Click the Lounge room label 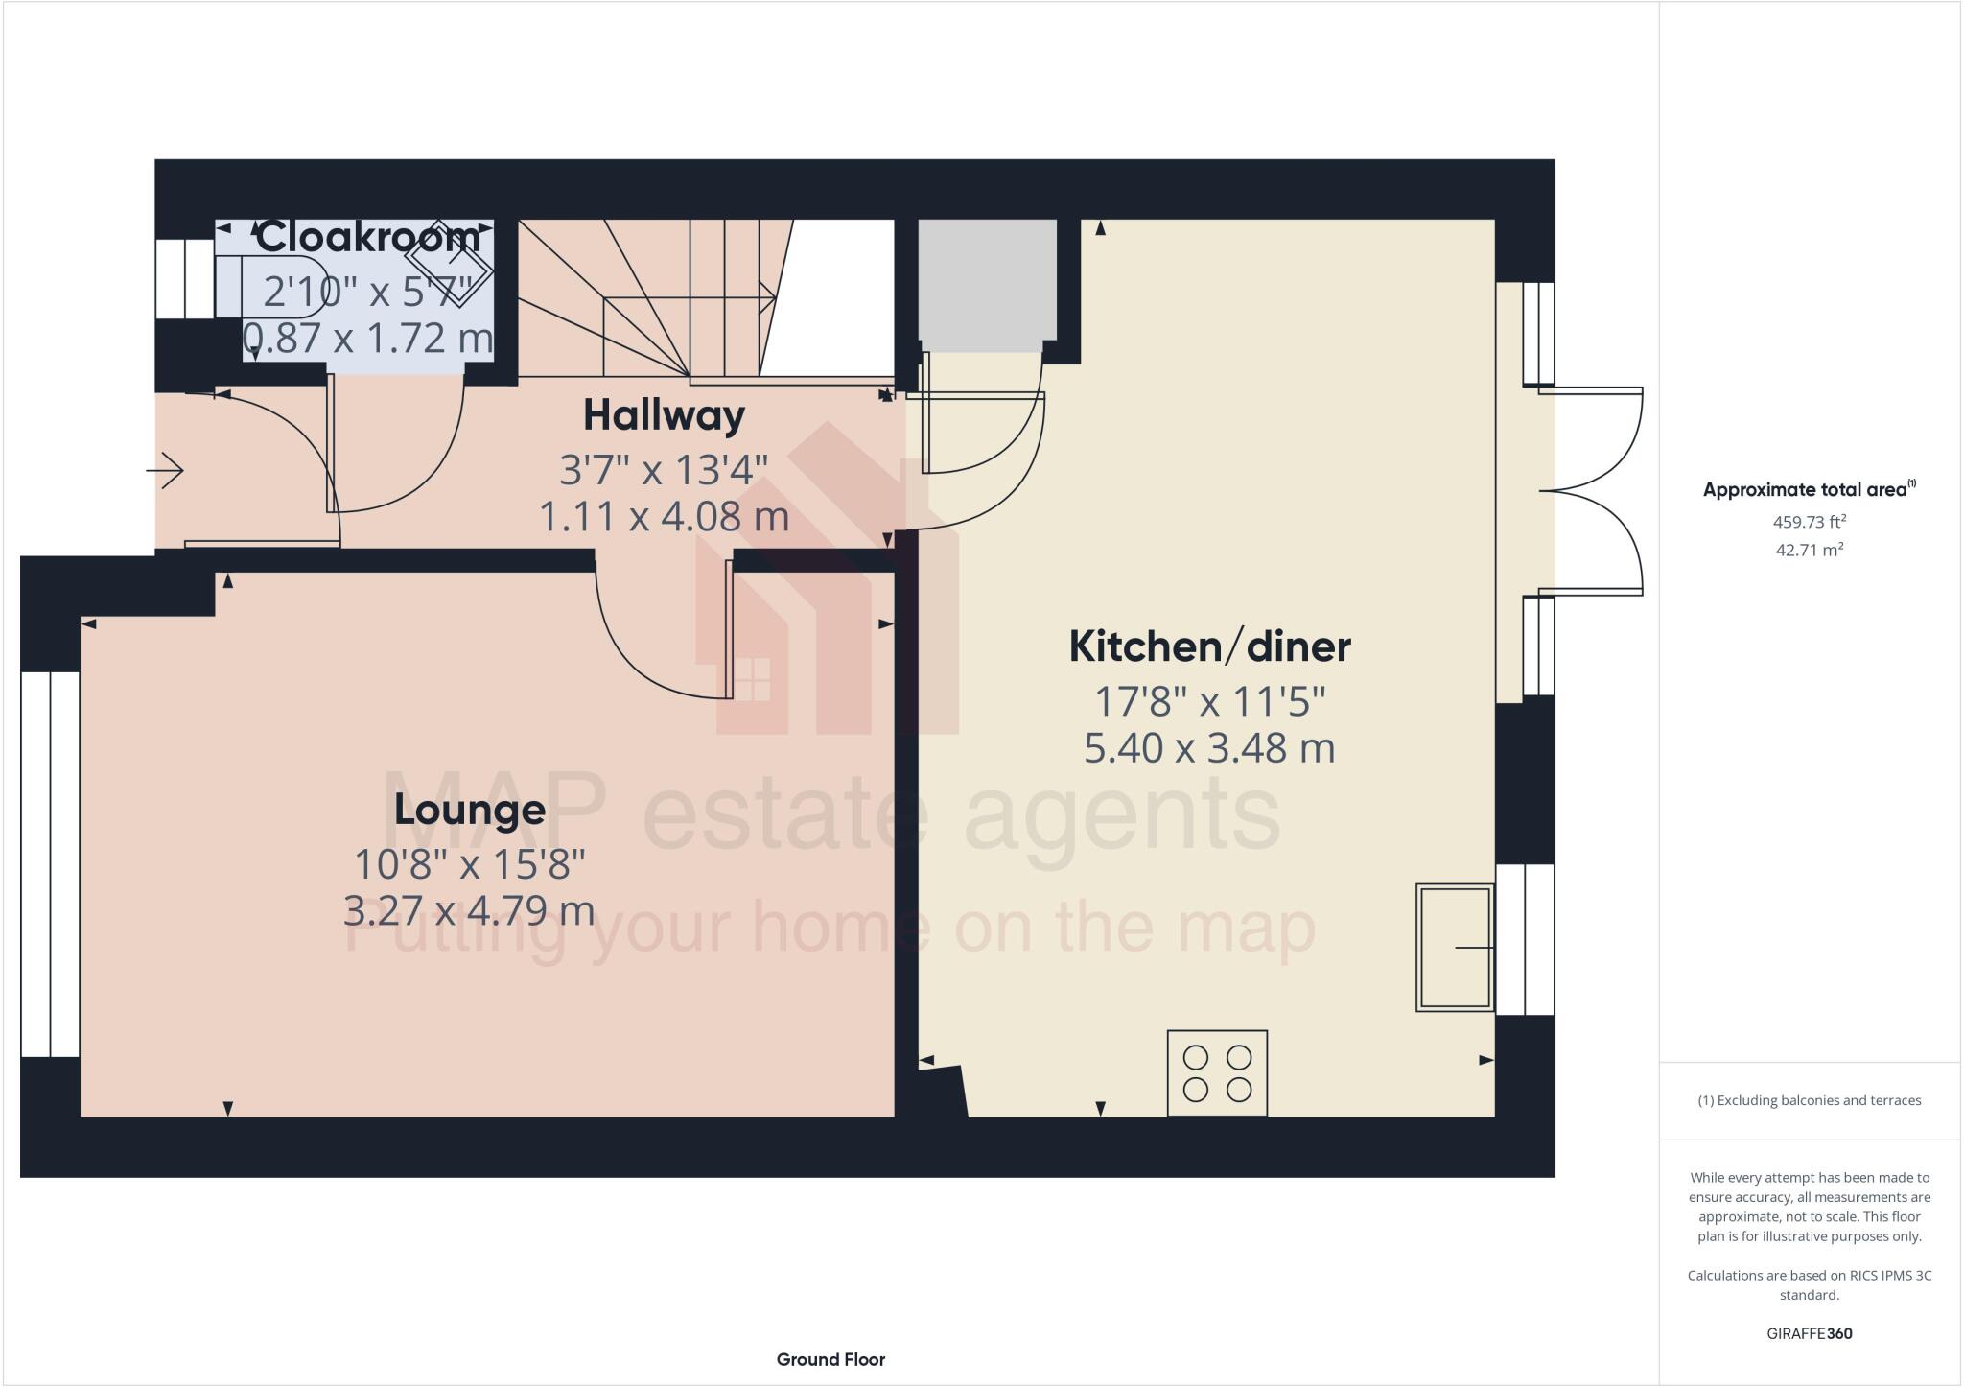pos(470,811)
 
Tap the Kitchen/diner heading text pos(1209,647)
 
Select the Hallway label pos(664,415)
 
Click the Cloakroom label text pos(368,236)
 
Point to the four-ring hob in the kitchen pos(1217,1073)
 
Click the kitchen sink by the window pos(1454,948)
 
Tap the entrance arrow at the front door pos(165,471)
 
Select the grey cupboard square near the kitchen pos(987,279)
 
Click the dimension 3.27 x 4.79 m pos(469,910)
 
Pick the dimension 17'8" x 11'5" pos(1209,702)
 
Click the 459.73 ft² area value pos(1809,522)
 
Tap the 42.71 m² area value pos(1809,551)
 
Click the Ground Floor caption pos(830,1359)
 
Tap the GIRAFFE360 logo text pos(1809,1333)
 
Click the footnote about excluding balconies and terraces pos(1809,1100)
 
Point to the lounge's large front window pos(50,863)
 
